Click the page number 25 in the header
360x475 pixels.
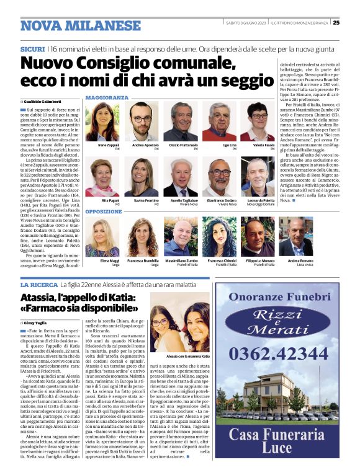coord(353,23)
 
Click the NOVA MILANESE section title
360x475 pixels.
coord(81,25)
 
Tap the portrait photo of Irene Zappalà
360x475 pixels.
coord(102,122)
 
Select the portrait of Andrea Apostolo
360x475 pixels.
coord(142,122)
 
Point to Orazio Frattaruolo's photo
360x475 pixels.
coord(181,122)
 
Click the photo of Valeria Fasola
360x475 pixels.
coord(258,122)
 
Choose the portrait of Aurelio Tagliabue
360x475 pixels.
coord(181,178)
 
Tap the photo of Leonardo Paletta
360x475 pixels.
coord(258,178)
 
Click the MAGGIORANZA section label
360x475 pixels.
coord(107,98)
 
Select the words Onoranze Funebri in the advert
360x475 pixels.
coord(277,297)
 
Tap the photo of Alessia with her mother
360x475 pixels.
coord(179,329)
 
